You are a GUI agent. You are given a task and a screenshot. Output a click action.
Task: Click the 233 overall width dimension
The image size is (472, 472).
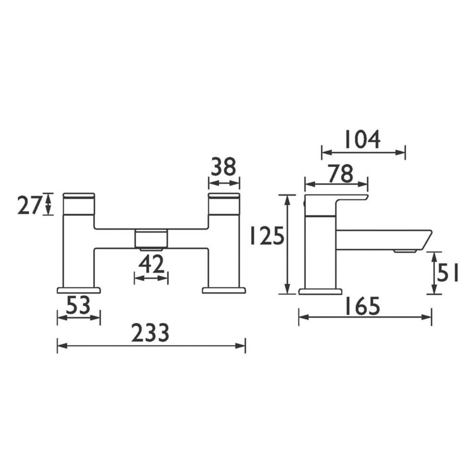[150, 333]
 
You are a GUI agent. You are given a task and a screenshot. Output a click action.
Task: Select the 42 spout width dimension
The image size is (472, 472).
[151, 265]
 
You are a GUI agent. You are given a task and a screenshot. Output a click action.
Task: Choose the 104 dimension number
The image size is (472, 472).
[362, 139]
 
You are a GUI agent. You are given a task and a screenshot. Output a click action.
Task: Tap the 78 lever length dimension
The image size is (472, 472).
[341, 174]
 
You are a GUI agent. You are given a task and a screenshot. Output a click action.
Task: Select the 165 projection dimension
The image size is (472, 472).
[362, 306]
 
